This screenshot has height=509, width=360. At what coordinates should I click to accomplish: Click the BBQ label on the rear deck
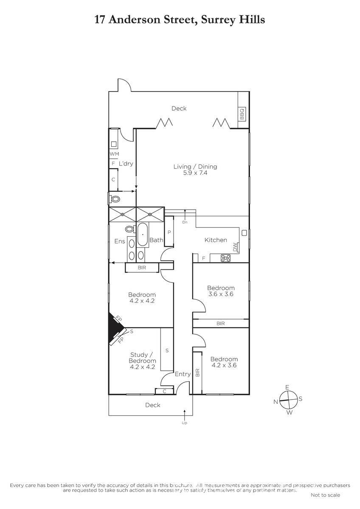coord(242,114)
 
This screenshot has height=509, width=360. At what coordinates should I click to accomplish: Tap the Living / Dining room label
coord(195,167)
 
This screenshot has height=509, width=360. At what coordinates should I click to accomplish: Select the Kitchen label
coord(216,240)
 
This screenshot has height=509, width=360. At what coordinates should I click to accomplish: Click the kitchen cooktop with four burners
coord(225,258)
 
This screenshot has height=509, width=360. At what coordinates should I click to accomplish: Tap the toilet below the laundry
coord(115,199)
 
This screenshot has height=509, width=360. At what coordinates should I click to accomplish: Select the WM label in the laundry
coord(114,154)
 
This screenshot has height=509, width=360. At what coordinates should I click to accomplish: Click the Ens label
coord(120,241)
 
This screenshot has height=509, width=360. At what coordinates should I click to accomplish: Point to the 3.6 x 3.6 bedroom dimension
coord(221,294)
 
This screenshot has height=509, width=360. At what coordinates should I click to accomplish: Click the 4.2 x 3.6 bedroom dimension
coord(224,365)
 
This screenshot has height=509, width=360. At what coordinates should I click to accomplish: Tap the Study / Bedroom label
coord(142,358)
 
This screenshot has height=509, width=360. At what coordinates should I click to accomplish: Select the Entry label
coord(183,374)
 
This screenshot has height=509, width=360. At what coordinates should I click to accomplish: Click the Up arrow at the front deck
coord(184,415)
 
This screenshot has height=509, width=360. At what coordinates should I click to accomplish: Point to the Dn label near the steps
coord(185,222)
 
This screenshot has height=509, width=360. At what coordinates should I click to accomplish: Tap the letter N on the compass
coord(276,402)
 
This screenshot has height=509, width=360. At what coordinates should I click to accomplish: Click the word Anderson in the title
coord(151,20)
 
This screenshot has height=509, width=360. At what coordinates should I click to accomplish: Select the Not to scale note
coord(325,495)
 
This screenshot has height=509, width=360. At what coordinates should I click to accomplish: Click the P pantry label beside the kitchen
coord(169,232)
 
